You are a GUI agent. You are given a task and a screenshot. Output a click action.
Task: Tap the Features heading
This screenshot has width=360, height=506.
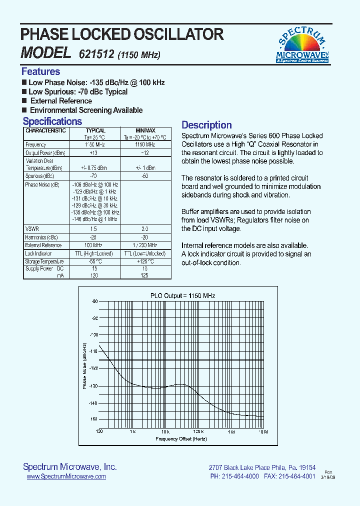40,71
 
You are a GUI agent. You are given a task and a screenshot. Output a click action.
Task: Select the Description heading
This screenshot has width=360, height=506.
206,125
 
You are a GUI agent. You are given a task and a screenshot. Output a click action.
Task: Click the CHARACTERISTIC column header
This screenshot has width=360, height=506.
45,130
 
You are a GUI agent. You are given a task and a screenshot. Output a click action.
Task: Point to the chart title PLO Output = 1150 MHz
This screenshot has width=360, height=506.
182,295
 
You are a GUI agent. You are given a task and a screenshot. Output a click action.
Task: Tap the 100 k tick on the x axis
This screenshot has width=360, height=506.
198,431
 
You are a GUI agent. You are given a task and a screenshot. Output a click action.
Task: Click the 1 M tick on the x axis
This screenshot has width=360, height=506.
231,431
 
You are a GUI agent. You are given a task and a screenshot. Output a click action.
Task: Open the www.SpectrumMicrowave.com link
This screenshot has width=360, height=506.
66,476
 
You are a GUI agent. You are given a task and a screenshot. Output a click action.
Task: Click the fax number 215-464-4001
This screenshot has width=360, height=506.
298,476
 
